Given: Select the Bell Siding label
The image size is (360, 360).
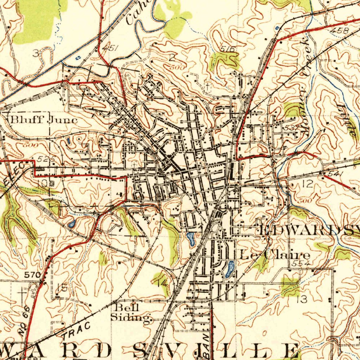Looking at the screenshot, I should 130,313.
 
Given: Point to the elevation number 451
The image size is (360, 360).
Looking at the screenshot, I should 110,48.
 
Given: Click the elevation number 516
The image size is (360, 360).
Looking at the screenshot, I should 228,49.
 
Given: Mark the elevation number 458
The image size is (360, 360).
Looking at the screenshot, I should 340,31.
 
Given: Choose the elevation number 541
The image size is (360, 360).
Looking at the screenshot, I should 334,174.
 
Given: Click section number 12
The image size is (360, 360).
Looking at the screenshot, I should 307,183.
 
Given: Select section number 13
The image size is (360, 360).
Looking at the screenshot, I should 302,300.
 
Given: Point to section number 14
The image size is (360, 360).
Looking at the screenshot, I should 162,282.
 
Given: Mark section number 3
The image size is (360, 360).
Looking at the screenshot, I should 36,53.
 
